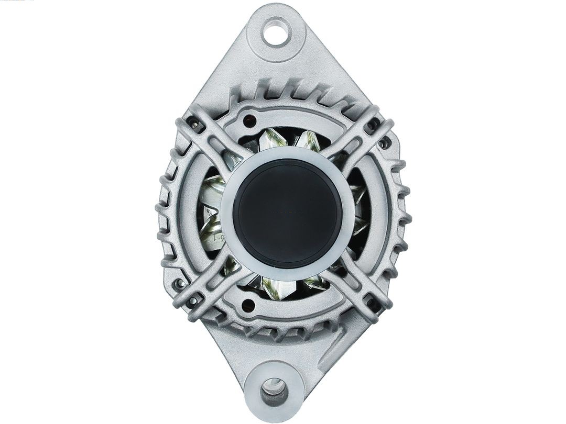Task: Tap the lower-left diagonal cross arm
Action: pos(210,285)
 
